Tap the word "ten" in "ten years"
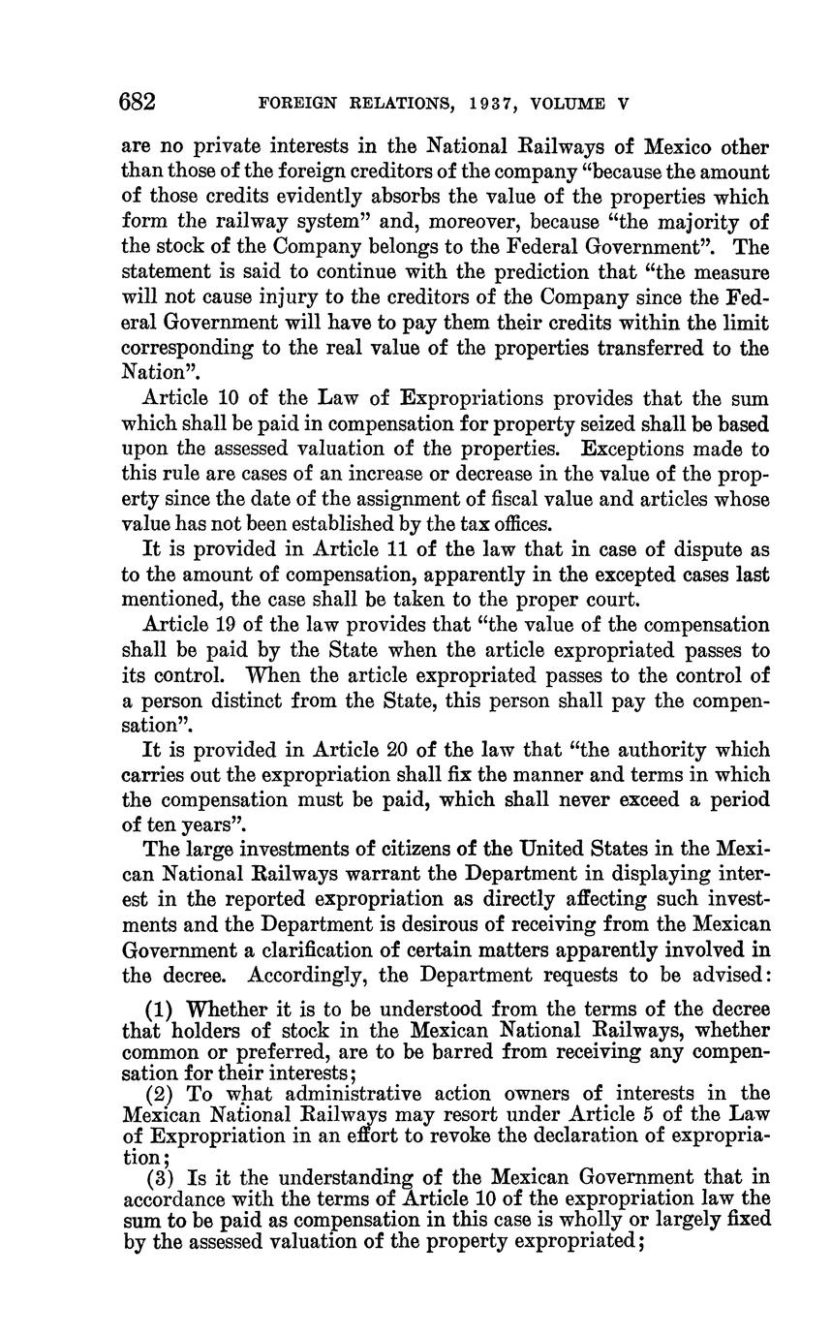158,826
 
